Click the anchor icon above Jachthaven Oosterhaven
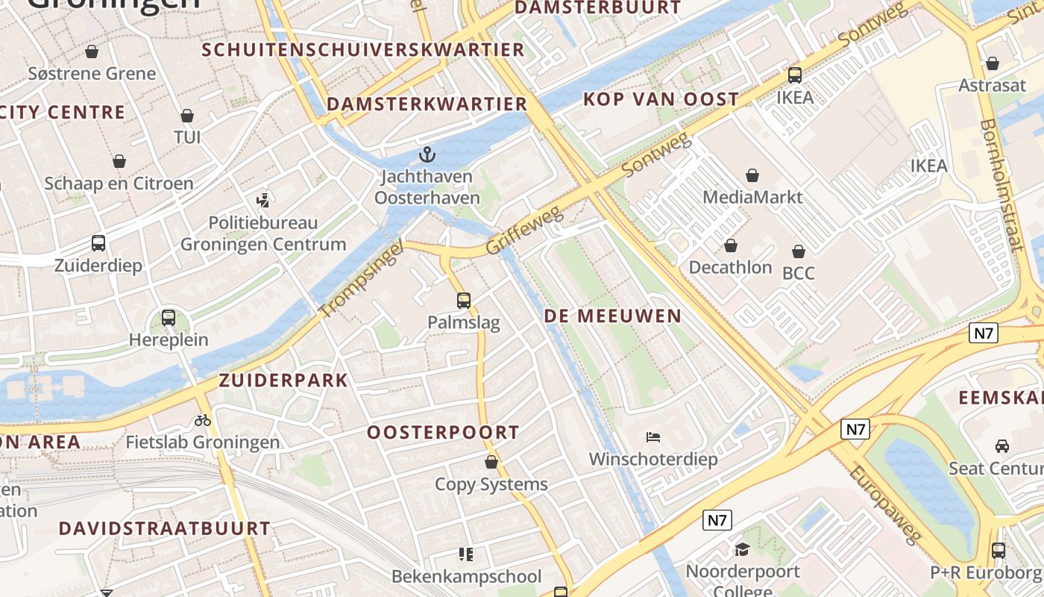(427, 154)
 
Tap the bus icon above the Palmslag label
(464, 301)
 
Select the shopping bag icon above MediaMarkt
(752, 175)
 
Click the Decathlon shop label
(730, 267)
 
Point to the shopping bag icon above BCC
(799, 251)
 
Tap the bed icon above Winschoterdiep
(653, 437)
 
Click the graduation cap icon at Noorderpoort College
(742, 550)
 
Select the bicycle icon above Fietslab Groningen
(202, 420)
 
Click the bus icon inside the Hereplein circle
(169, 317)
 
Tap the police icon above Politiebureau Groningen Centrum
(262, 200)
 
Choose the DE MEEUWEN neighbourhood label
(613, 316)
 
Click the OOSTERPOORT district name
(443, 432)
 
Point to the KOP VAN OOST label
(661, 99)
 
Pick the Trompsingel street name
(361, 278)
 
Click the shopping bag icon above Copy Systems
(491, 463)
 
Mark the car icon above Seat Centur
(1002, 446)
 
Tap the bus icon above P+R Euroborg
(999, 551)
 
